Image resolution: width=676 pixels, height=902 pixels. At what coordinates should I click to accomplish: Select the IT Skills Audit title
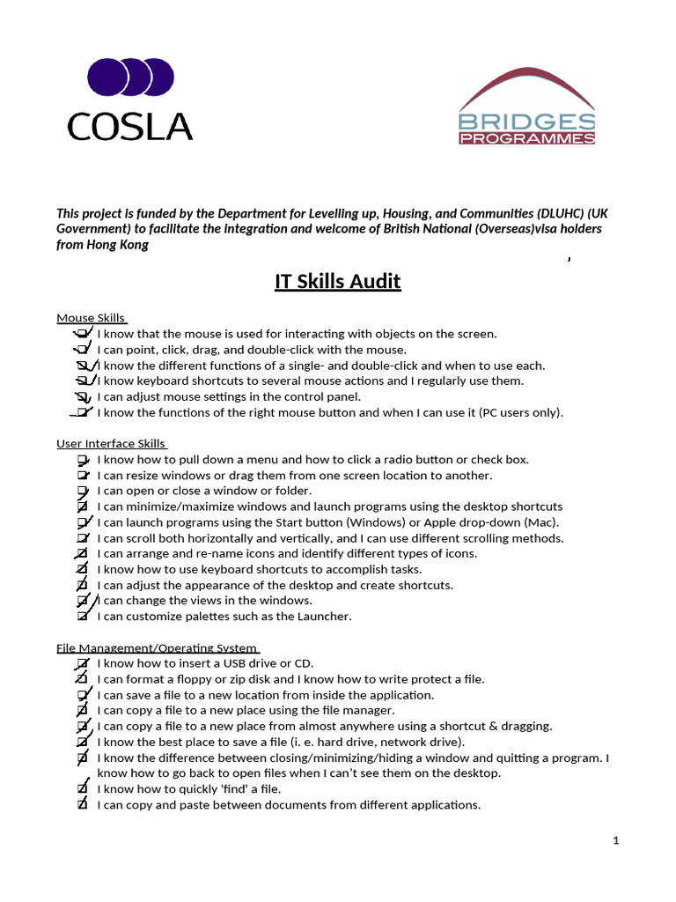[x=337, y=282]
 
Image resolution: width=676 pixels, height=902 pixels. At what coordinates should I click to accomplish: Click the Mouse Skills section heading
[x=92, y=318]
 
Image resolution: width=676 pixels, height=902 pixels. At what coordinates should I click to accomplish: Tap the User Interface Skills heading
[x=111, y=444]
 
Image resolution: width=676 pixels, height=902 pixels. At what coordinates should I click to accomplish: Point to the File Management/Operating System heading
[x=158, y=647]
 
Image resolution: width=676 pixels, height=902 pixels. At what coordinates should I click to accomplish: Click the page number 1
[x=617, y=840]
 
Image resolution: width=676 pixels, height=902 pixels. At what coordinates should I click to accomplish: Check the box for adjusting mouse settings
[x=82, y=397]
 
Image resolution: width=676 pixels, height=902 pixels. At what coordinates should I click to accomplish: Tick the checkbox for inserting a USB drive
[x=82, y=663]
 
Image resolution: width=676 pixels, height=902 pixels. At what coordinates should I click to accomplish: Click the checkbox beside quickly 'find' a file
[x=82, y=789]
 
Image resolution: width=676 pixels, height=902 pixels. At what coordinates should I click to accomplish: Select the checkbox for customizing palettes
[x=82, y=617]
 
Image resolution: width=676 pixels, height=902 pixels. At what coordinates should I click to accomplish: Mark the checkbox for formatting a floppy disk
[x=82, y=679]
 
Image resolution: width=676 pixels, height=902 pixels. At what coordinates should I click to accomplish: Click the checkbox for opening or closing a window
[x=82, y=491]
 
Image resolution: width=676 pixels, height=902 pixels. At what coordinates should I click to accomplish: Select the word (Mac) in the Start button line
[x=545, y=522]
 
